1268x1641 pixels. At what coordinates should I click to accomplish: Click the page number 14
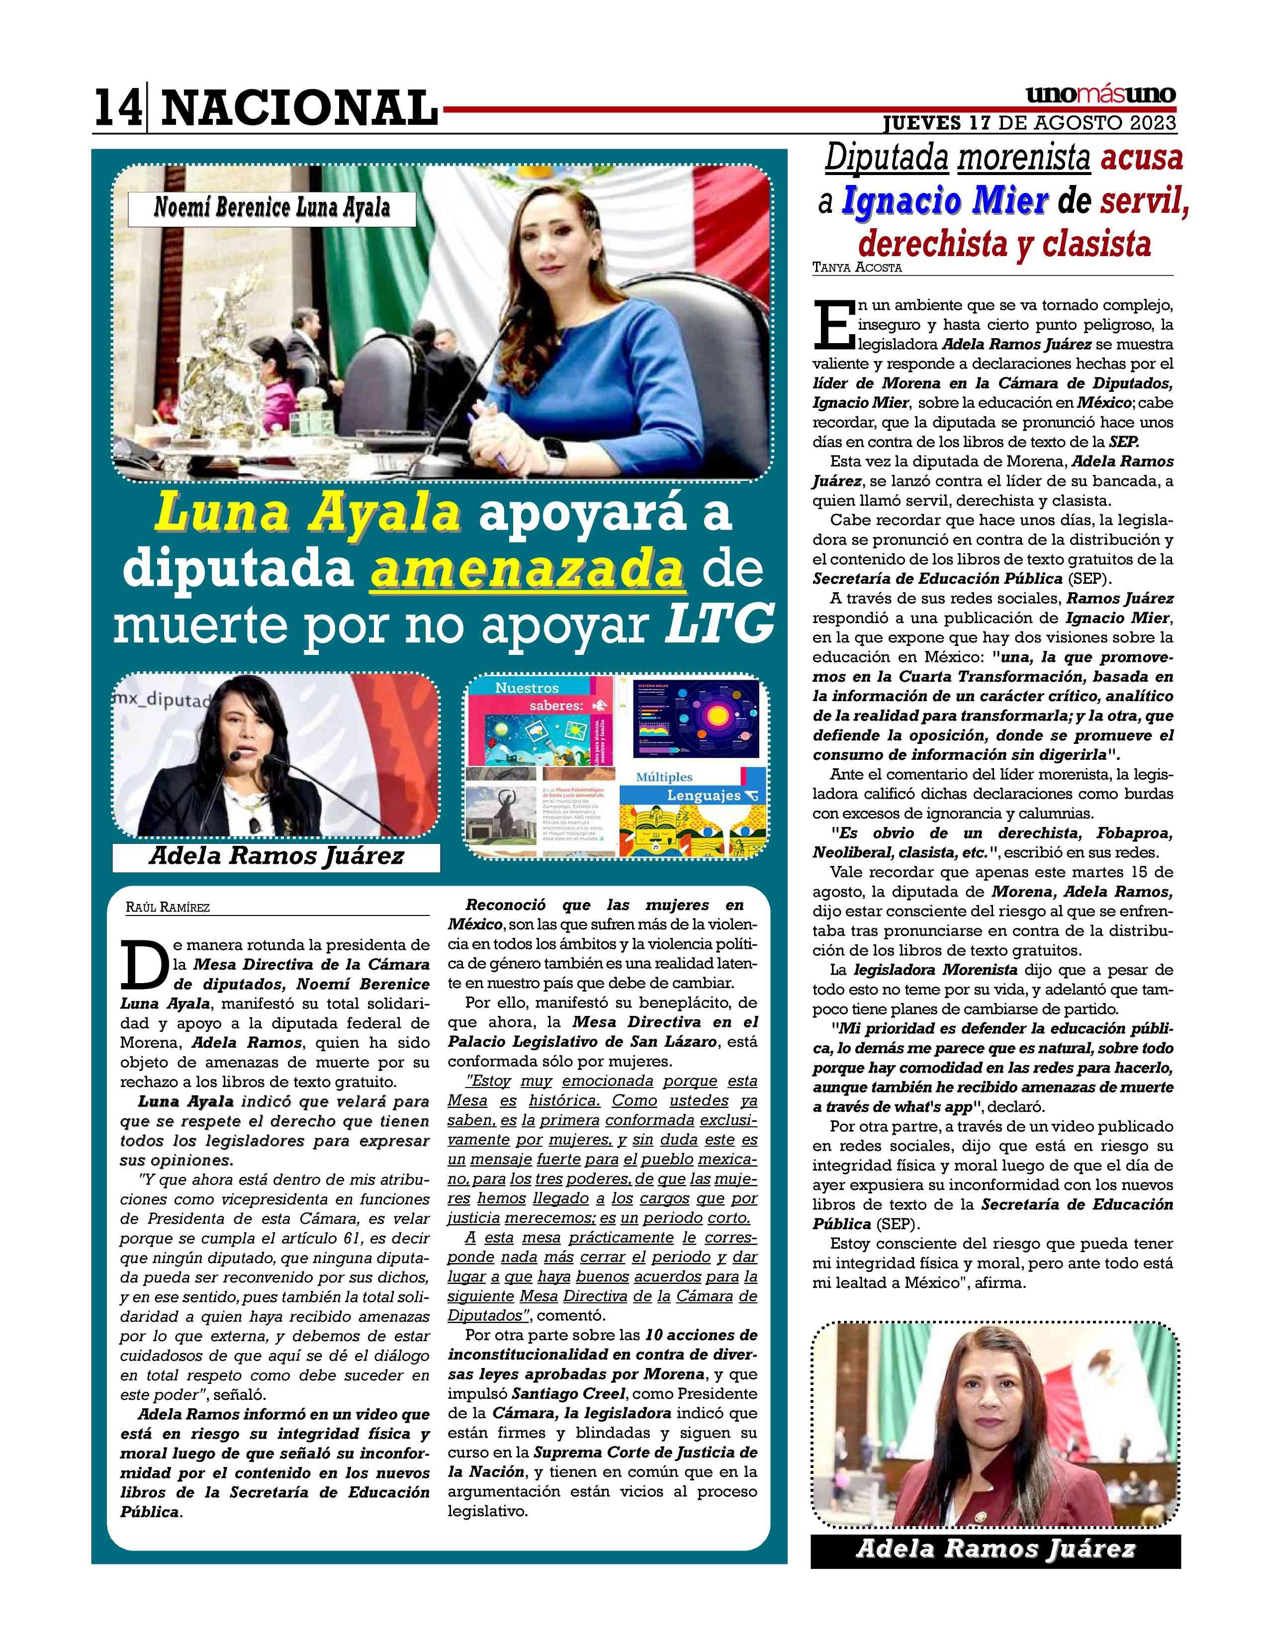tap(117, 107)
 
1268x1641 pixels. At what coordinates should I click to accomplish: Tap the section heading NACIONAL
tap(299, 107)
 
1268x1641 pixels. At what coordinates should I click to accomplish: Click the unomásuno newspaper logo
tap(1100, 95)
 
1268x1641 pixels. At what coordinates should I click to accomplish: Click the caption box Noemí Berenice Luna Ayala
tap(272, 208)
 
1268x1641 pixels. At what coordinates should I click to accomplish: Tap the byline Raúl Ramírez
tap(168, 907)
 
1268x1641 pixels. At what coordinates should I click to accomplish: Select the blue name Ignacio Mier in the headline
tap(944, 201)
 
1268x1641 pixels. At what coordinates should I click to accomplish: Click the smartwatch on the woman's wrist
tap(553, 449)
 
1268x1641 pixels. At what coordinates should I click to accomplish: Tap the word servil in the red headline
tap(1143, 201)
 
